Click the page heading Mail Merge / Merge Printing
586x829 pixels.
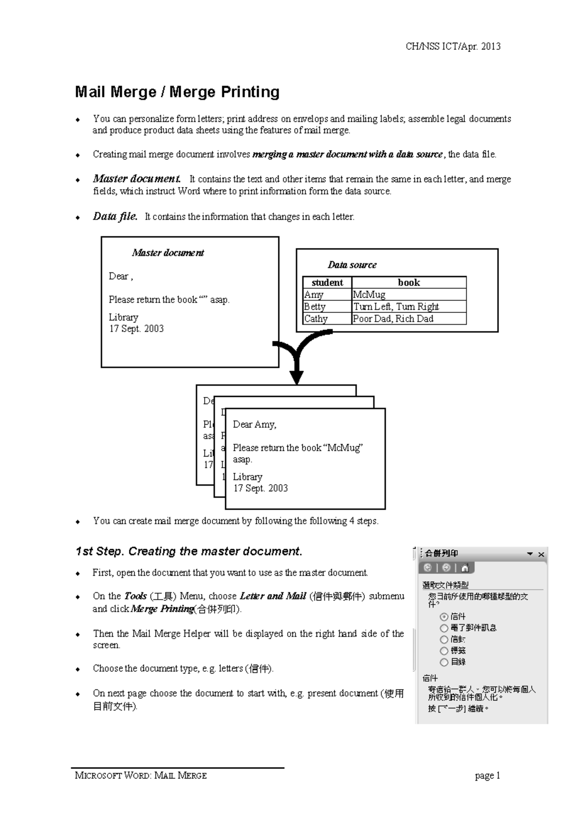click(x=177, y=92)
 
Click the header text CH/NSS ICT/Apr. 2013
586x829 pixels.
click(x=453, y=46)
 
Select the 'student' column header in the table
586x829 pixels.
click(x=327, y=283)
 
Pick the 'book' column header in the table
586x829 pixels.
click(x=409, y=283)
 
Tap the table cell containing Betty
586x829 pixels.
click(x=315, y=307)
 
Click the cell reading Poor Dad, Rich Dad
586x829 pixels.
click(x=393, y=319)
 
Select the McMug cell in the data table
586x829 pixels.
click(x=369, y=295)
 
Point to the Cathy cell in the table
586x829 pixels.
click(x=316, y=319)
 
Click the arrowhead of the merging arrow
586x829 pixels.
click(x=296, y=377)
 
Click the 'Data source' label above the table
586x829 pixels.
click(x=352, y=265)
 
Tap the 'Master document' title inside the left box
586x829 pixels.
click(x=168, y=253)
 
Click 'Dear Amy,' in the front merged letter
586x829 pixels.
click(x=254, y=424)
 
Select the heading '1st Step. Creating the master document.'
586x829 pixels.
click(x=189, y=551)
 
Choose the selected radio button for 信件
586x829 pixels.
click(x=444, y=617)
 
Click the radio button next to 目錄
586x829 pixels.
click(x=444, y=663)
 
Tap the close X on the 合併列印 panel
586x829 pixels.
click(x=541, y=554)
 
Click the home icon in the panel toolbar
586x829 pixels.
click(x=465, y=568)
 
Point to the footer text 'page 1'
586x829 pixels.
click(x=487, y=776)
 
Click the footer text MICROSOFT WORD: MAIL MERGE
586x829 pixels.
click(x=141, y=776)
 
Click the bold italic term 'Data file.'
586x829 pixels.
click(x=115, y=216)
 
